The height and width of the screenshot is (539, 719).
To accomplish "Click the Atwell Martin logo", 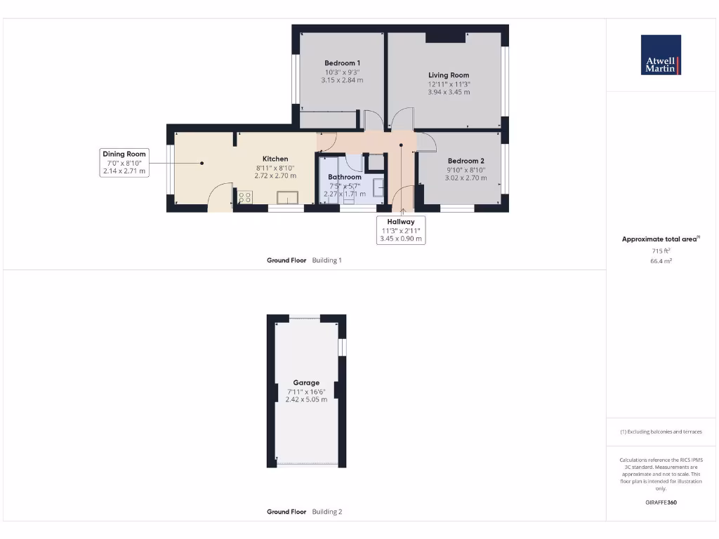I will pos(661,55).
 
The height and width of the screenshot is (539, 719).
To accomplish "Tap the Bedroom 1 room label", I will pos(343,63).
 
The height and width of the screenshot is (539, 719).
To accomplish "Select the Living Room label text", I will pos(449,75).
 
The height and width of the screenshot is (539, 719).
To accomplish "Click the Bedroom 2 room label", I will pos(466,161).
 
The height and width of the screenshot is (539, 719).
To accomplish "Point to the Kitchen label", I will pos(275,159).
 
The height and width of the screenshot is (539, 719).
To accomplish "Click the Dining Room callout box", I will pos(124,162).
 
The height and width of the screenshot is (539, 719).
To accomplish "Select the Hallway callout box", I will pos(401,230).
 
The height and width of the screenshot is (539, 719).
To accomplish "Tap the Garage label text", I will pos(306,382).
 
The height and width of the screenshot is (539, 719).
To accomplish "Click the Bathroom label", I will pos(344,177).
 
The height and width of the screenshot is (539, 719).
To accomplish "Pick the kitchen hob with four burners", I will pos(245,197).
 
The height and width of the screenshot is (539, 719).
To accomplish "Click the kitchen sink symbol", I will pos(288,197).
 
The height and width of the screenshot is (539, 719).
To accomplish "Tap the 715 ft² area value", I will pos(661,251).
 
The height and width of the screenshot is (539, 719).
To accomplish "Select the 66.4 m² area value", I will pos(661,260).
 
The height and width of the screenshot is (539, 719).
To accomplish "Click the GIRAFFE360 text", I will pos(661,503).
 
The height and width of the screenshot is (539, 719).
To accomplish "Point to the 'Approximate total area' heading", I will pos(660,239).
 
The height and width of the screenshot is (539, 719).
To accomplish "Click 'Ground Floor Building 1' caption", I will pos(304,260).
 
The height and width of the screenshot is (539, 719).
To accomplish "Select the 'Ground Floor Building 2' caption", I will pos(304,512).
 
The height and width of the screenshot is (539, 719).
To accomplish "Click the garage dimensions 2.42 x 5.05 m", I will pos(306,399).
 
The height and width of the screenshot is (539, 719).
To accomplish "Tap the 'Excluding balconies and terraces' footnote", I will pos(661,432).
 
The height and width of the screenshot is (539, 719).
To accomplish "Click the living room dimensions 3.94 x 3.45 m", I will pos(449,92).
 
